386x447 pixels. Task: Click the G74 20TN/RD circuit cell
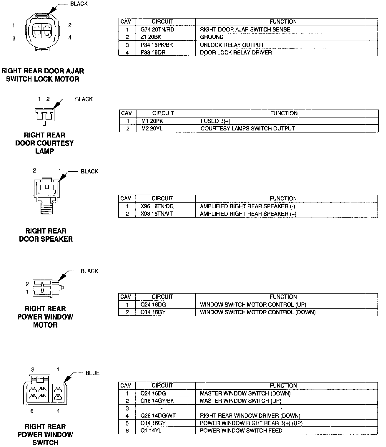coord(157,29)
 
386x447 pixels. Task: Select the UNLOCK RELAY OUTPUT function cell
coord(232,45)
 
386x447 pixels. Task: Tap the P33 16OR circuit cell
coord(153,52)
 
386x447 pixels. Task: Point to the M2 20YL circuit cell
coord(152,128)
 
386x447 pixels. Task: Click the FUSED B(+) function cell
coord(215,121)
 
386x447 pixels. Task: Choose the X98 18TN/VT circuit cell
coord(157,214)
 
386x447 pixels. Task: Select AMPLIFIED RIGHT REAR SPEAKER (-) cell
coord(247,206)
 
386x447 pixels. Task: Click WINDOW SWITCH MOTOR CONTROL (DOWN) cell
coord(257,312)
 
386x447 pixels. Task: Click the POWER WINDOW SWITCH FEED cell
coord(241,431)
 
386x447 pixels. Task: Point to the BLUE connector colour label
coord(92,373)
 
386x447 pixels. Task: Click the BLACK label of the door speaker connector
coord(89,171)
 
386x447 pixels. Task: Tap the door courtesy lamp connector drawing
coord(44,115)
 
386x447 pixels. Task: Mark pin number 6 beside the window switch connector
coord(32,411)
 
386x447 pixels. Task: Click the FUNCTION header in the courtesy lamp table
coord(284,113)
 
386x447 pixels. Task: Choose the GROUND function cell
coord(212,37)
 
